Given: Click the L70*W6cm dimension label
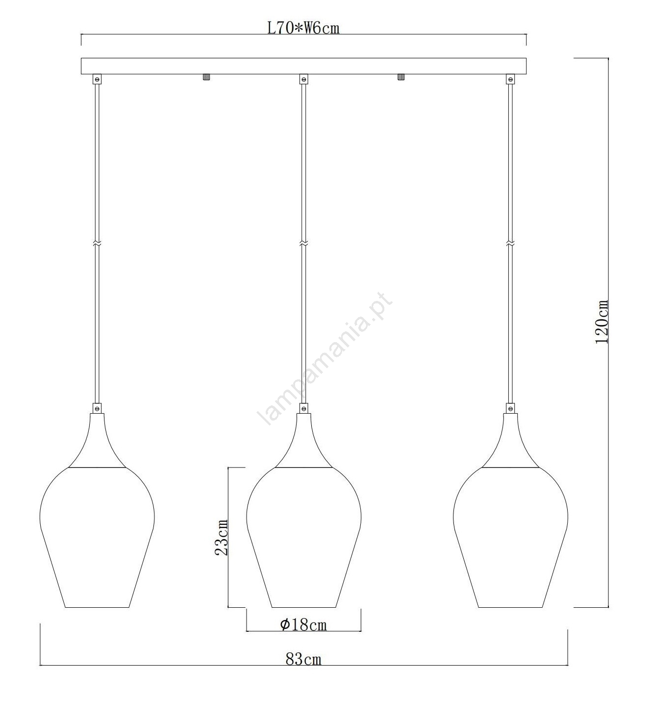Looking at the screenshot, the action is (303, 28).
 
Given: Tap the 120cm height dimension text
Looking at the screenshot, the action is (601, 322).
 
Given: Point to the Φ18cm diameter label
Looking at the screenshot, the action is (303, 625).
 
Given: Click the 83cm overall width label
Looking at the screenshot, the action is (303, 659).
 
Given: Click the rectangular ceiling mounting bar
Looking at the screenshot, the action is (303, 66).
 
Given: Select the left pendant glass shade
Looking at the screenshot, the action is (97, 537).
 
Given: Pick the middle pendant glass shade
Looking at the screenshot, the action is (303, 537).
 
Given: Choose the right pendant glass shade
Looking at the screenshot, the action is (510, 537).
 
